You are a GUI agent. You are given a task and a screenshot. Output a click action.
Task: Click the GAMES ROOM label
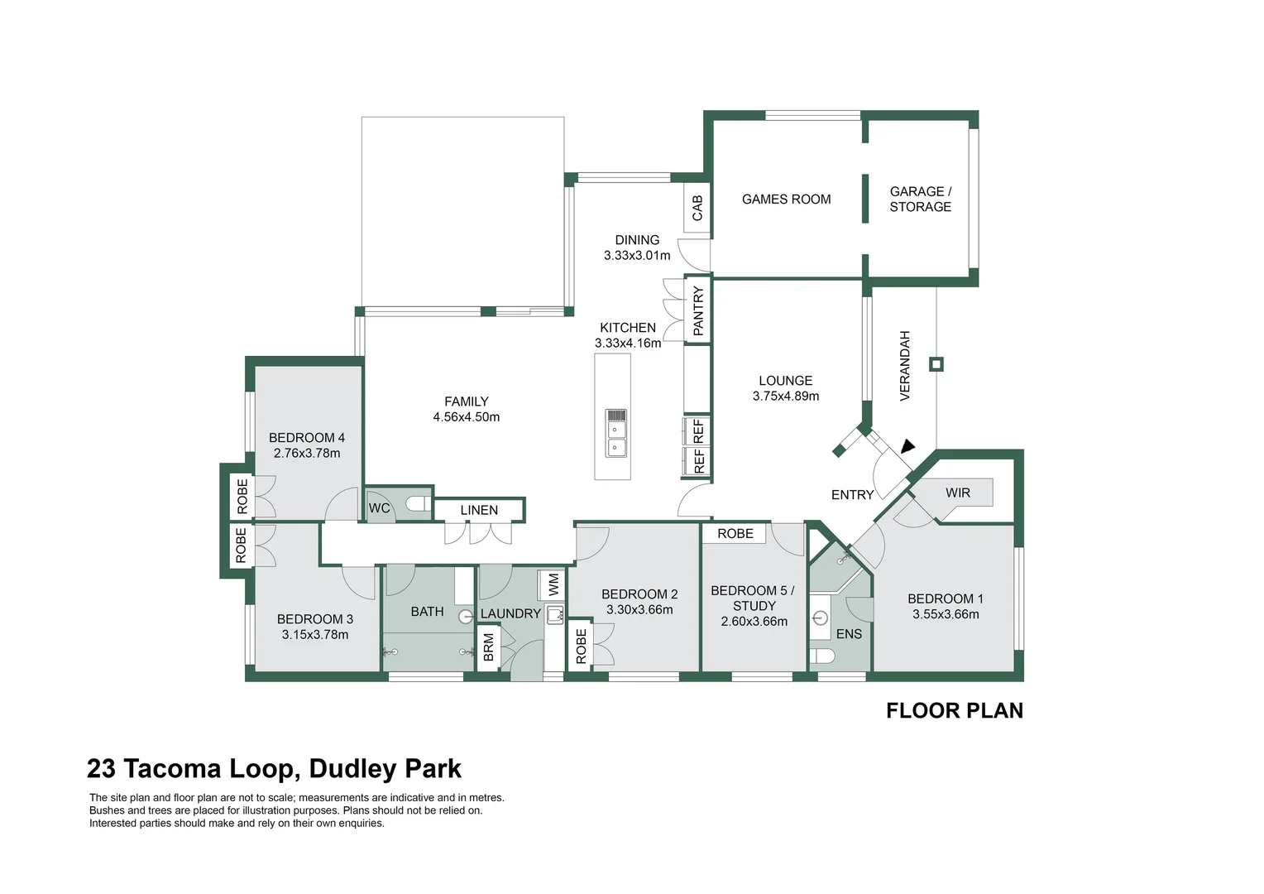pyautogui.click(x=786, y=199)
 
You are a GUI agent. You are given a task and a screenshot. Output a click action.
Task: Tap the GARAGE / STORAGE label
pyautogui.click(x=920, y=199)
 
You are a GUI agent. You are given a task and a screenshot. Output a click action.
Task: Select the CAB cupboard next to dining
pyautogui.click(x=697, y=208)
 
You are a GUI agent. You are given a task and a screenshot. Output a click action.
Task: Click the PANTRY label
pyautogui.click(x=698, y=310)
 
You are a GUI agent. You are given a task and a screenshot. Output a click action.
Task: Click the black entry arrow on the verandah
pyautogui.click(x=907, y=446)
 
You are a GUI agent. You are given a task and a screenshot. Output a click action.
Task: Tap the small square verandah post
pyautogui.click(x=936, y=364)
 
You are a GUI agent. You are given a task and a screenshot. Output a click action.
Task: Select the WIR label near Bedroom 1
pyautogui.click(x=957, y=493)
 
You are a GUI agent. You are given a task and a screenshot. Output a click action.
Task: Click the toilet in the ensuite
pyautogui.click(x=823, y=656)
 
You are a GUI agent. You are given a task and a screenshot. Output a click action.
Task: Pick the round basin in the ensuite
pyautogui.click(x=821, y=618)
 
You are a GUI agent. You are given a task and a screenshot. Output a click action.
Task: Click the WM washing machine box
pyautogui.click(x=553, y=585)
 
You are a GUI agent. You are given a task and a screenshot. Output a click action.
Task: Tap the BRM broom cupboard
pyautogui.click(x=489, y=647)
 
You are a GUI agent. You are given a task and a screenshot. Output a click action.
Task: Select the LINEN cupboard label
pyautogui.click(x=479, y=510)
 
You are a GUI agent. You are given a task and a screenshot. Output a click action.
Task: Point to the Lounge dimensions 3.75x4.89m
pyautogui.click(x=785, y=397)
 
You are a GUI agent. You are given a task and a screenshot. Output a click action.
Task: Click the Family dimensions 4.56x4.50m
pyautogui.click(x=466, y=417)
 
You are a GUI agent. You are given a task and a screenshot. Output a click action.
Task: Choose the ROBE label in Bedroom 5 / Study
pyautogui.click(x=735, y=534)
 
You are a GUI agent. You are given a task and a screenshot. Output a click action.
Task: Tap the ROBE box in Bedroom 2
pyautogui.click(x=581, y=646)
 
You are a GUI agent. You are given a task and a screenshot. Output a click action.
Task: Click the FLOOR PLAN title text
pyautogui.click(x=954, y=711)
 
